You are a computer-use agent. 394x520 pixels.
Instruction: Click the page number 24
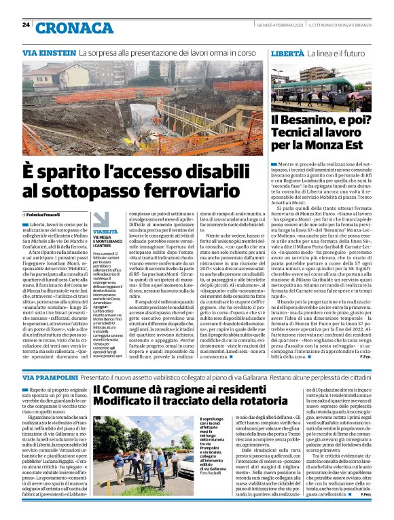pyautogui.click(x=26, y=24)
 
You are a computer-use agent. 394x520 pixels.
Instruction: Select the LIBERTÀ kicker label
pyautogui.click(x=287, y=52)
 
